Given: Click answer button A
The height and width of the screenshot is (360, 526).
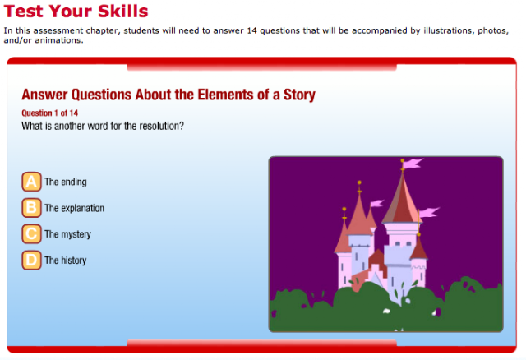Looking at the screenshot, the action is [x=31, y=182].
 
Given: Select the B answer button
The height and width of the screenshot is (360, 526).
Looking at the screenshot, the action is [x=31, y=208].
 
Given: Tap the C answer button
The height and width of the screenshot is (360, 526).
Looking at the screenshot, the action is [x=31, y=234].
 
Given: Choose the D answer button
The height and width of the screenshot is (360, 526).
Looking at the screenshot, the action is [x=31, y=260].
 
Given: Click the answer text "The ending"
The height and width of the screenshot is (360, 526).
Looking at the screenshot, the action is [x=66, y=182].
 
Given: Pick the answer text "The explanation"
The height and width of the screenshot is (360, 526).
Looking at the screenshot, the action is [x=75, y=208].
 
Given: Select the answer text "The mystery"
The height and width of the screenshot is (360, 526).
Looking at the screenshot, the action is [x=67, y=234].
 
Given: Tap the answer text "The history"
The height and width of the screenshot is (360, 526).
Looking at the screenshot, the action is [x=66, y=261].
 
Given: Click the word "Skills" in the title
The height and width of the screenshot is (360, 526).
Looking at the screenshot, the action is [x=123, y=11].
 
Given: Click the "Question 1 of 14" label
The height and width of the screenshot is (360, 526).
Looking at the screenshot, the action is [x=49, y=113].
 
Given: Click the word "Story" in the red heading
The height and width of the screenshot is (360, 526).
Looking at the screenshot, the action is [x=299, y=95].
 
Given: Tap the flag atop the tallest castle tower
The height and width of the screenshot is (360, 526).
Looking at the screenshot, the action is [x=413, y=164].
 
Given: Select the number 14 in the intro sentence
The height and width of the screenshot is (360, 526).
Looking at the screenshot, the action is [x=251, y=30].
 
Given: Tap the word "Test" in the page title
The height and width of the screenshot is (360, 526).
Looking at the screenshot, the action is [x=24, y=11].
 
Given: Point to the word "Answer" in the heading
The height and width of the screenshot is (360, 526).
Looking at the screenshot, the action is [x=45, y=95].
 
